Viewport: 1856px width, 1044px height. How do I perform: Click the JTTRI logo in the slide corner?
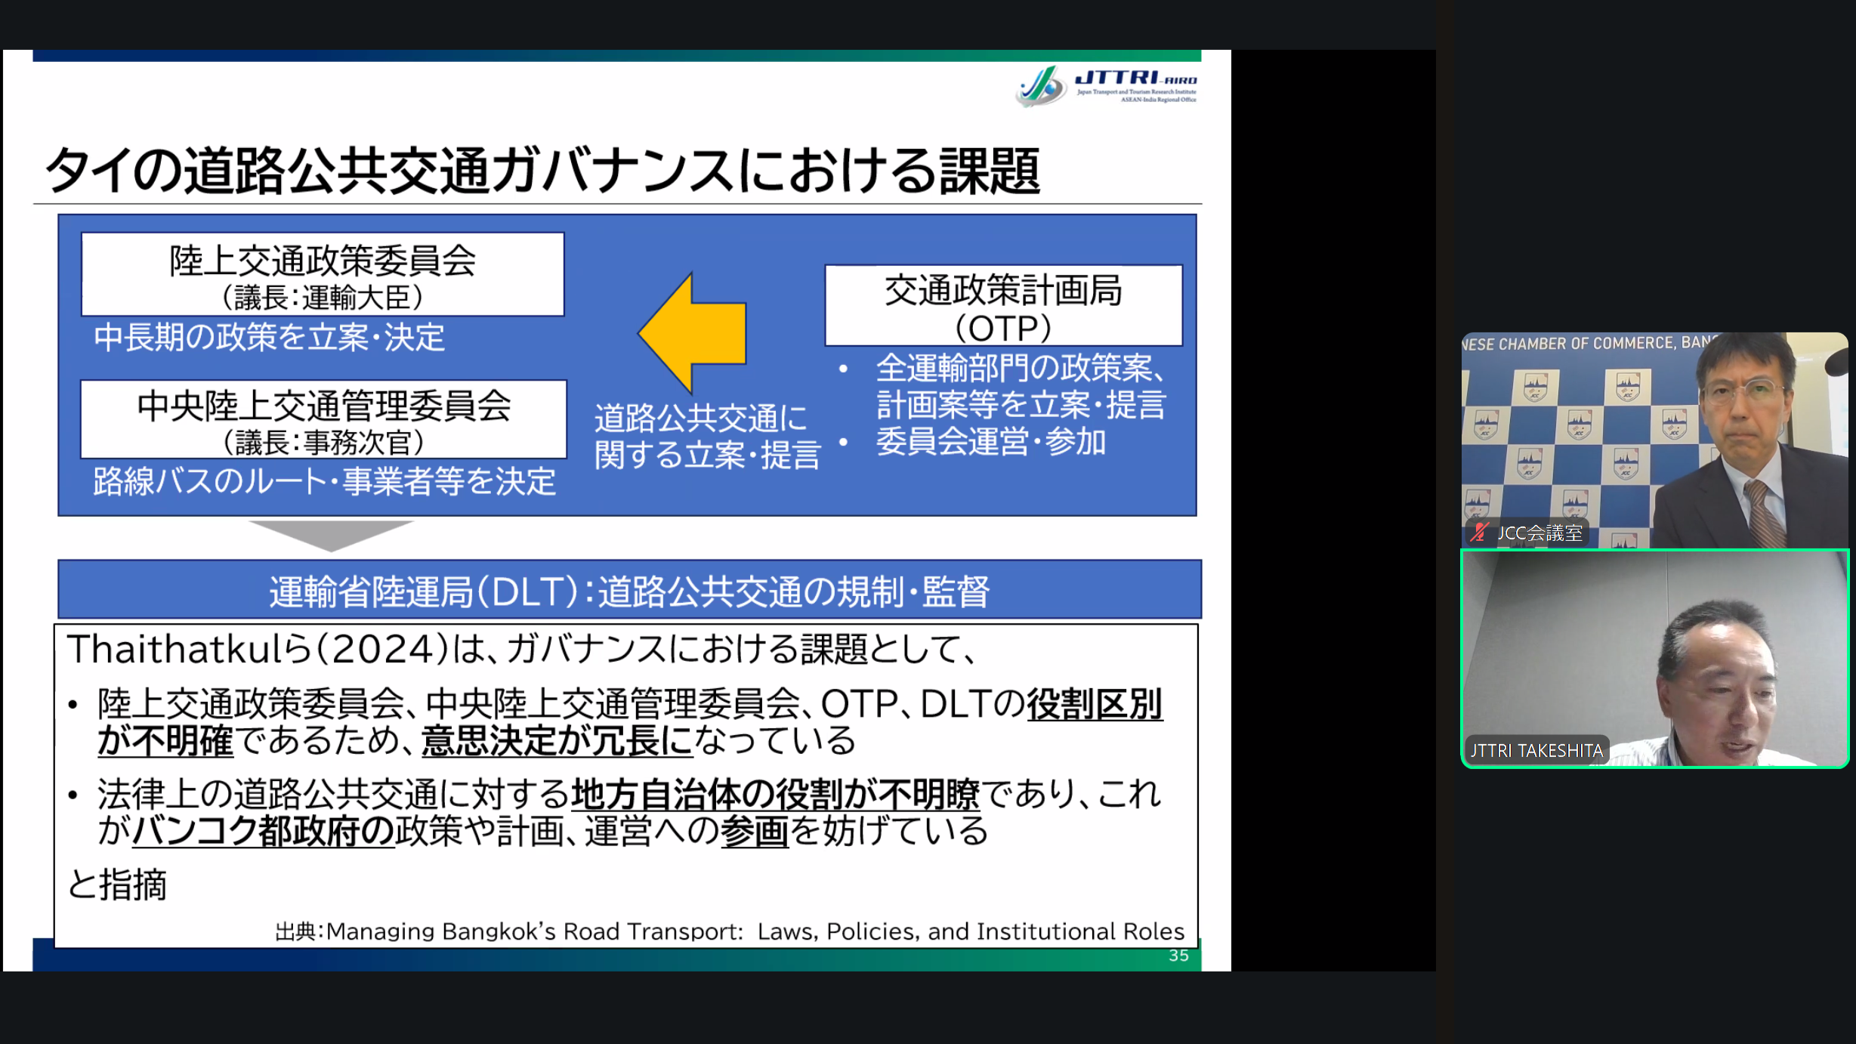pos(1107,86)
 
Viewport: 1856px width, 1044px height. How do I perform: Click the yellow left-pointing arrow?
pos(692,332)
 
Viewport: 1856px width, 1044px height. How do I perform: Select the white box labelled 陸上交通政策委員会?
pos(323,274)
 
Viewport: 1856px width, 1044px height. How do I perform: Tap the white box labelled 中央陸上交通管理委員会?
pos(323,419)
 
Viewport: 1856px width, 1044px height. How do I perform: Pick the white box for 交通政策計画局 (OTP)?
pos(1003,305)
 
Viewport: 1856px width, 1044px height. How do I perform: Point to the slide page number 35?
pos(1178,956)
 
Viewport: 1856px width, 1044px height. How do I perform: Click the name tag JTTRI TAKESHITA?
pos(1536,750)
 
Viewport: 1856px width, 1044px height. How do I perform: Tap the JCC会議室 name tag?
pos(1539,533)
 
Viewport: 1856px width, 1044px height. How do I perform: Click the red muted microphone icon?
pos(1479,533)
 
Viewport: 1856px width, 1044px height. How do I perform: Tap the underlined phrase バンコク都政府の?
pos(263,831)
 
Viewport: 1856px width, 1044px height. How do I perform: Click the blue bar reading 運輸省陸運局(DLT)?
pos(629,589)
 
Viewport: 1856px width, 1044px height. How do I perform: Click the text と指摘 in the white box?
pos(116,885)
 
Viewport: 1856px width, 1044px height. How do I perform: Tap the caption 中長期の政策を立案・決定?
pos(269,338)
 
